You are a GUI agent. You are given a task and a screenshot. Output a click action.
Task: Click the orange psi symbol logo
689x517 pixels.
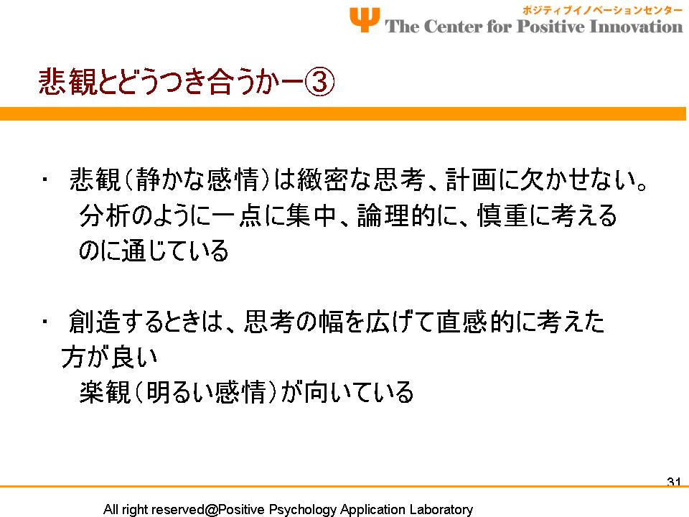365,19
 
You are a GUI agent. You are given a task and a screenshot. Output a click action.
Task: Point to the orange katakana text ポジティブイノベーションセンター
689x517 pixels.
602,10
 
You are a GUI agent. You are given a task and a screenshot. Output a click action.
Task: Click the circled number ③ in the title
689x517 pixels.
319,82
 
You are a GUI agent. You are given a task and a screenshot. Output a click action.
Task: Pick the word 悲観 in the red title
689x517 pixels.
67,82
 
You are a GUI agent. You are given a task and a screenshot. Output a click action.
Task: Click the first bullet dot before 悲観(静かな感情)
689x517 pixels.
44,180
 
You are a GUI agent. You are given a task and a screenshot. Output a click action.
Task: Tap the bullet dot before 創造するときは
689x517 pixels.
44,322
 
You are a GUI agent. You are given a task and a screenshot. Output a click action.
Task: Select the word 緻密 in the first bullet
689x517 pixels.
322,180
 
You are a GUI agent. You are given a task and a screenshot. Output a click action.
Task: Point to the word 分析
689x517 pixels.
105,215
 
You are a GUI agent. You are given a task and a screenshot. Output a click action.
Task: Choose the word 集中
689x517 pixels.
311,215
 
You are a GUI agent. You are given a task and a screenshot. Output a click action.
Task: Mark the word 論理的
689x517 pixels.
395,215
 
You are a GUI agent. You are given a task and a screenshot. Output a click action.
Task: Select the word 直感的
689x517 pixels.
474,322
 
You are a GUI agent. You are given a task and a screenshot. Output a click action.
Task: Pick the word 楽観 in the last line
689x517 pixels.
105,392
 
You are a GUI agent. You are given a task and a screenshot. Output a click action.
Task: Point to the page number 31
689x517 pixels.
674,482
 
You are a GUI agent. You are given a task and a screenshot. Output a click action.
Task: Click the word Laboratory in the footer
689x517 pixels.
441,509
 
